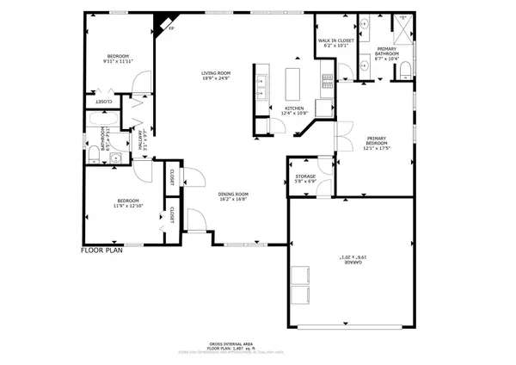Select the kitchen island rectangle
click(292, 82)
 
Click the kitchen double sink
click(260, 84)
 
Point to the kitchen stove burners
click(327, 82)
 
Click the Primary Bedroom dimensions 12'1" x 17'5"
click(378, 148)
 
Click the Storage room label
click(305, 176)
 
